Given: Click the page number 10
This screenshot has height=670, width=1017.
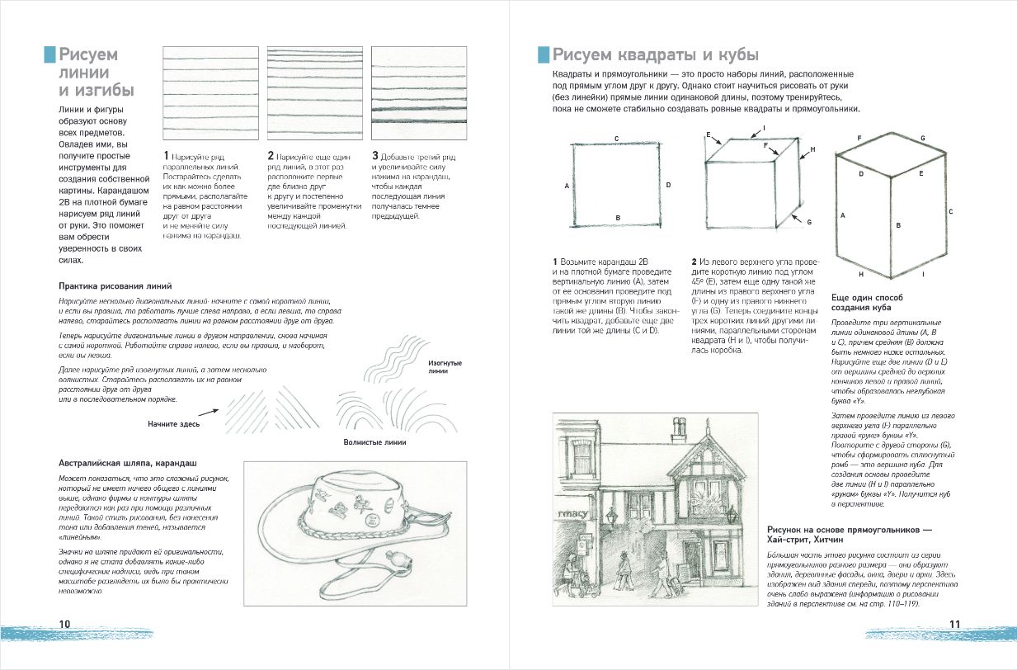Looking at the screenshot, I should tap(64, 623).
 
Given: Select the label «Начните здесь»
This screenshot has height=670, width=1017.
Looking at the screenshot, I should tap(174, 422).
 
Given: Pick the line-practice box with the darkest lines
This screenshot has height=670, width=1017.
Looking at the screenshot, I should tap(418, 94).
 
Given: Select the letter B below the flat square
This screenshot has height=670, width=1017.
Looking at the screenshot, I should tap(617, 217).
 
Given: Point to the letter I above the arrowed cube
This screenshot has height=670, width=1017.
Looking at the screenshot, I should tap(765, 128).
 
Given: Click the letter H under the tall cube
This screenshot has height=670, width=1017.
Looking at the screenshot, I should tap(860, 273).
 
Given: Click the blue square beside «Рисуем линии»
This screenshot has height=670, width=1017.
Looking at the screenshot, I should tap(49, 54).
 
